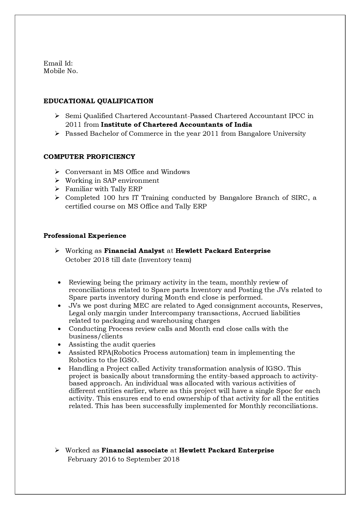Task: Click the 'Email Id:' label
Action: [x=58, y=63]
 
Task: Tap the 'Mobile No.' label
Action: [x=61, y=71]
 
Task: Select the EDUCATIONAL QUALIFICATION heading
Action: [x=98, y=101]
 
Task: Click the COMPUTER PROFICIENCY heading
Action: [x=89, y=157]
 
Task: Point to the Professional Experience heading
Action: [x=85, y=236]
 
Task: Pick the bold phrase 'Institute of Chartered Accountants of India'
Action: [x=176, y=125]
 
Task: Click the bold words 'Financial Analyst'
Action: [x=134, y=251]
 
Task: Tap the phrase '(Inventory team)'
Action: [x=165, y=260]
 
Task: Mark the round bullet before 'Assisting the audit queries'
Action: [x=59, y=345]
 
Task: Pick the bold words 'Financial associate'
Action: [x=135, y=450]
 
